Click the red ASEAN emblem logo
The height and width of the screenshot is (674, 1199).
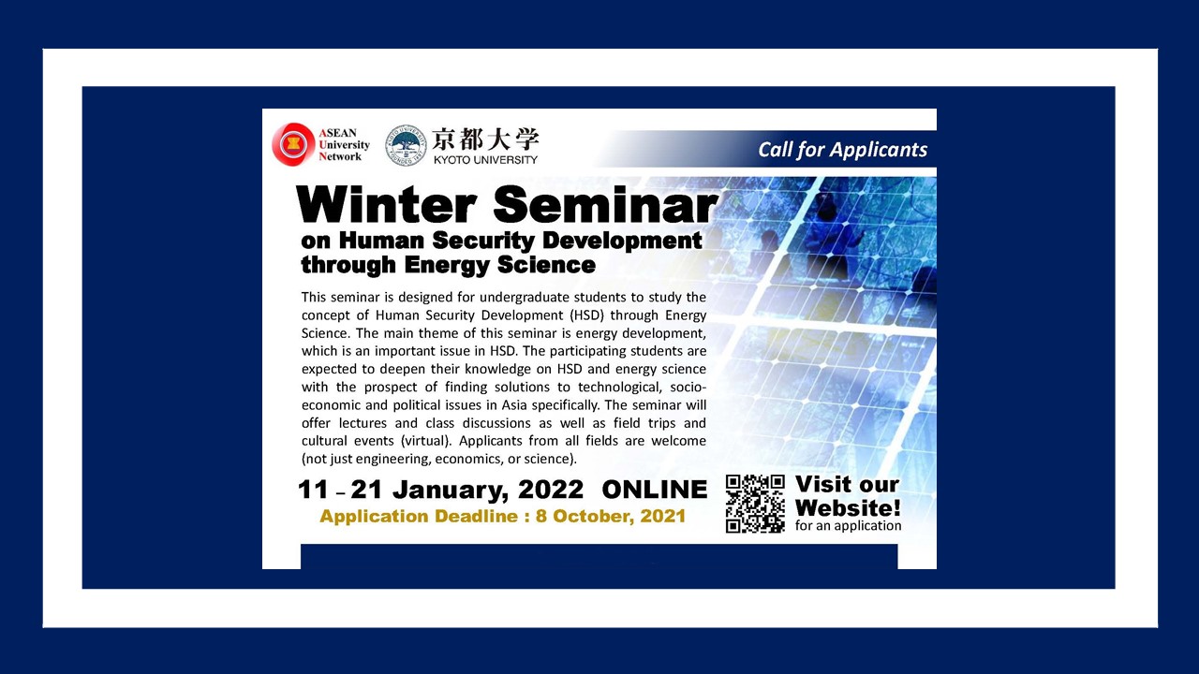293,144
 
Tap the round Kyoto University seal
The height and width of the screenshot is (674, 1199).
407,145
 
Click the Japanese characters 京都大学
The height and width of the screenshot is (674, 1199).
485,139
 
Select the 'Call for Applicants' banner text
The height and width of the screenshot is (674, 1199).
842,150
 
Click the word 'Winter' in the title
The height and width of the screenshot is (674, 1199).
386,204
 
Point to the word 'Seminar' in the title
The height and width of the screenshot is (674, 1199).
605,204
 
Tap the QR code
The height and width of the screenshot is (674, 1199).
755,504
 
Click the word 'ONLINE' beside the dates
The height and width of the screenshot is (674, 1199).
654,490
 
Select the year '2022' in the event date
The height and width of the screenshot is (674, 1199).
551,490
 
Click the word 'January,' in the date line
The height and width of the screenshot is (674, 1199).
451,491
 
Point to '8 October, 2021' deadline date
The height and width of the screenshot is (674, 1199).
610,516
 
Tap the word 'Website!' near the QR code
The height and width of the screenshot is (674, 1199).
848,507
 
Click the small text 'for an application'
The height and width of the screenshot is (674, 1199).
848,526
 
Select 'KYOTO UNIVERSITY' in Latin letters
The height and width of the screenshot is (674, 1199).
485,159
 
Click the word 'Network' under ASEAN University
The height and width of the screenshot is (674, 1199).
340,156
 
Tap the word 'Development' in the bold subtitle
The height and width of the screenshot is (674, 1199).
621,242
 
